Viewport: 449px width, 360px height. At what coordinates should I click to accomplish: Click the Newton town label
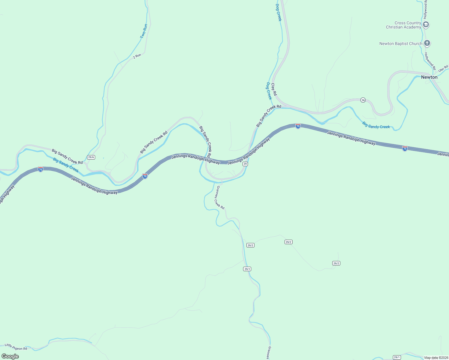click(x=429, y=77)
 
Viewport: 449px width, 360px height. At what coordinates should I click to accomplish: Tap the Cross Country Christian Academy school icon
click(x=426, y=25)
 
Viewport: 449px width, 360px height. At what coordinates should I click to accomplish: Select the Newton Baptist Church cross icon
click(x=427, y=43)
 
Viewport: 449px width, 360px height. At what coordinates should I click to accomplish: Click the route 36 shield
click(x=363, y=100)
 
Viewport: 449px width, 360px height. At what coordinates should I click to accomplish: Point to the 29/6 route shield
click(x=91, y=157)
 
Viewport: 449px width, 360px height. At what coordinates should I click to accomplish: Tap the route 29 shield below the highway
click(x=245, y=164)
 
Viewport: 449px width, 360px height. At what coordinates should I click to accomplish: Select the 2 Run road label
click(x=137, y=56)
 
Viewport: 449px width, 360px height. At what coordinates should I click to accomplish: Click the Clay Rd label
click(x=274, y=89)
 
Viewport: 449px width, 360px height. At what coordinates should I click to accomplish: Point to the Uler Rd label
click(x=443, y=68)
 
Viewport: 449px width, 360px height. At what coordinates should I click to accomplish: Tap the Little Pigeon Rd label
click(x=16, y=347)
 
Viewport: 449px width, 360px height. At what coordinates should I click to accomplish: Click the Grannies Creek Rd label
click(x=220, y=197)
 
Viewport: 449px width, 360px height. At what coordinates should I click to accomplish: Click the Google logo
click(x=10, y=356)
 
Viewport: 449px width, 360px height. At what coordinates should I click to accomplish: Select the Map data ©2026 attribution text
click(x=436, y=358)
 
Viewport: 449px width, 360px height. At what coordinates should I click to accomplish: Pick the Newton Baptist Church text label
click(x=401, y=43)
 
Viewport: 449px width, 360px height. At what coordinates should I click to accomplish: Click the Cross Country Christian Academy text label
click(x=403, y=25)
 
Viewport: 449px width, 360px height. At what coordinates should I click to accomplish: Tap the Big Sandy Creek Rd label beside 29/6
click(x=67, y=156)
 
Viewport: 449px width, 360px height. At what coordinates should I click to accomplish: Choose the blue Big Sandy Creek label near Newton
click(x=376, y=125)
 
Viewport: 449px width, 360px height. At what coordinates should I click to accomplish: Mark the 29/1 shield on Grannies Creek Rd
click(x=247, y=269)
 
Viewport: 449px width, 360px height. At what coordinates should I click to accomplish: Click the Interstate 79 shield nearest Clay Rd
click(x=298, y=126)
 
